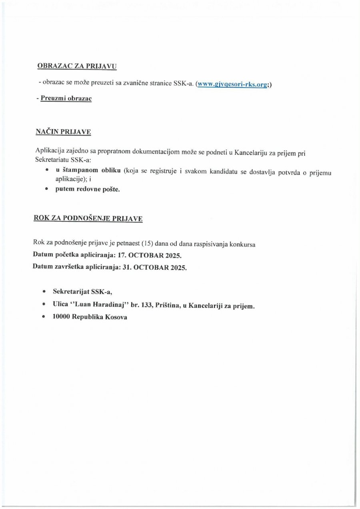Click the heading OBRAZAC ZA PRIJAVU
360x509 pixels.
(x=77, y=66)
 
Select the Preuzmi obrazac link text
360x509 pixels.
(x=66, y=98)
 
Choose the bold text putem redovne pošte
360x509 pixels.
(x=87, y=189)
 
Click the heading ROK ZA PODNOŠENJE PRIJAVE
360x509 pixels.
(x=88, y=218)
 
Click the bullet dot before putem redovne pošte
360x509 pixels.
(x=47, y=189)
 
